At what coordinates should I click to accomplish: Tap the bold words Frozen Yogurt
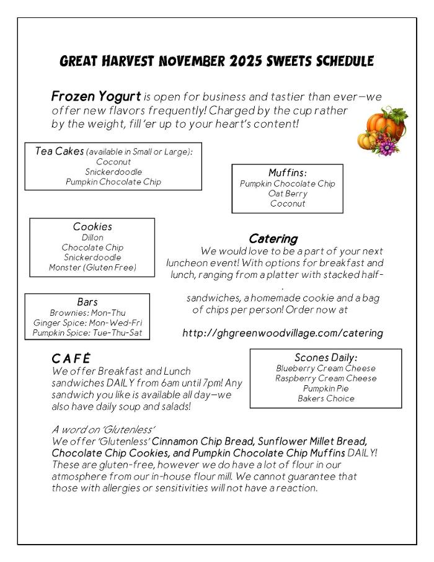96,97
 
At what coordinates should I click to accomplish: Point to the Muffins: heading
288,173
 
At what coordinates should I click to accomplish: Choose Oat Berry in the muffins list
288,194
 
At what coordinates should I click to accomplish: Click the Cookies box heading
92,227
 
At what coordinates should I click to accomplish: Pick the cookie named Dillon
92,238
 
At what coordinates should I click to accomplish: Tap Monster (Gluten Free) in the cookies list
92,267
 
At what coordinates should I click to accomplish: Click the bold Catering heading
273,239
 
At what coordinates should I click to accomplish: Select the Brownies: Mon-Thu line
87,313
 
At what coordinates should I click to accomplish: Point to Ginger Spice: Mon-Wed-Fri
87,323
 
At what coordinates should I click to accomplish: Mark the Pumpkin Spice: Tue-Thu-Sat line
87,333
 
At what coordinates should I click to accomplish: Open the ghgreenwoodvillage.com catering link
283,333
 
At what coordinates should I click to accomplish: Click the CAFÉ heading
71,359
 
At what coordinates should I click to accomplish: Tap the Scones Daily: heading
326,358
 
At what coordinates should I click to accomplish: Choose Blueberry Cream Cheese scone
326,368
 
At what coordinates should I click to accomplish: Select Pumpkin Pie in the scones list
326,388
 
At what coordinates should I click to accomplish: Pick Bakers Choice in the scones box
326,398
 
